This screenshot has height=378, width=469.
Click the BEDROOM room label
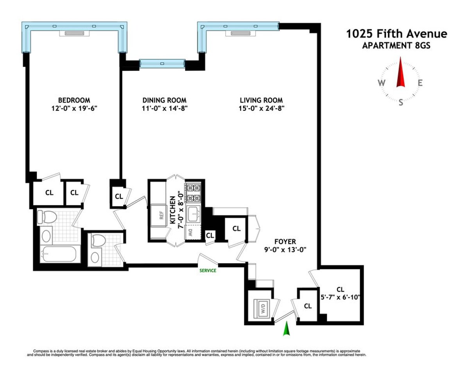(74, 100)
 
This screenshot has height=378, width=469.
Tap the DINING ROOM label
(164, 100)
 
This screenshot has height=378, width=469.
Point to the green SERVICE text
(208, 270)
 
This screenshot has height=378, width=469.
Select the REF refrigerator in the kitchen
(161, 215)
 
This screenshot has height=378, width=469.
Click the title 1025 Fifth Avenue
(397, 34)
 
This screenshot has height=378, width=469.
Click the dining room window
(162, 63)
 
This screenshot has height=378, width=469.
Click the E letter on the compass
(420, 83)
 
